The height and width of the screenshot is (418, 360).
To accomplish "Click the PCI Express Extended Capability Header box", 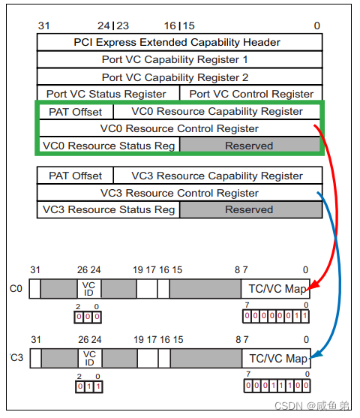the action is tap(179, 42).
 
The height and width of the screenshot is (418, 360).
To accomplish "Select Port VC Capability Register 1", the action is tap(179, 59).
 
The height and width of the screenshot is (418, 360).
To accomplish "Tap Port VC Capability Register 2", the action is tap(179, 77).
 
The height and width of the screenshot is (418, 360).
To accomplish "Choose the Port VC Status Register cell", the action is tap(108, 94).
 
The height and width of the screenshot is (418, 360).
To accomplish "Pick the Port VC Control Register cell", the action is tap(251, 94).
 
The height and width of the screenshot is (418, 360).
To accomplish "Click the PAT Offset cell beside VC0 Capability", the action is tap(76, 112).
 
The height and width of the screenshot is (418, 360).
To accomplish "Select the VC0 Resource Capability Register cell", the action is tap(217, 112).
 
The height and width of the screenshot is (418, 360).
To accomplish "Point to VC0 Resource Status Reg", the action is tap(109, 146).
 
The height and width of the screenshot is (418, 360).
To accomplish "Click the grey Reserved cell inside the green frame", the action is tap(250, 146).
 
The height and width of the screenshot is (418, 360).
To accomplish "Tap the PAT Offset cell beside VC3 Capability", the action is tap(75, 176).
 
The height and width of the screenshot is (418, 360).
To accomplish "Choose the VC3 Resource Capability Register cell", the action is tap(218, 176).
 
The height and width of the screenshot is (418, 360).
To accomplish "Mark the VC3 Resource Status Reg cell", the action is tap(108, 209).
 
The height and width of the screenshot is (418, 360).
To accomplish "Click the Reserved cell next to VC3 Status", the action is tap(251, 209).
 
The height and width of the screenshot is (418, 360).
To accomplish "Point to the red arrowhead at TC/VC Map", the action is tap(313, 285).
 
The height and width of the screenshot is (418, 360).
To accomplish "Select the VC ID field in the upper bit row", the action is tap(89, 289).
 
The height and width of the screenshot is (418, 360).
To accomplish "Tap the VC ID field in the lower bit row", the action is tap(90, 358).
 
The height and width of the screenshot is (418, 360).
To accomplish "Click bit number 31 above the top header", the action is tap(44, 26).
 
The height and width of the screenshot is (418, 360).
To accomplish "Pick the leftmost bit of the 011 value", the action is tap(80, 386).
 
